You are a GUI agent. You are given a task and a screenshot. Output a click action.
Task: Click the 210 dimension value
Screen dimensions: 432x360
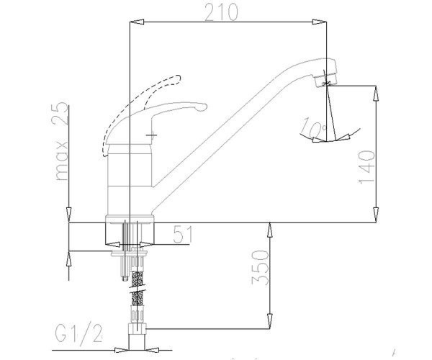[221, 13]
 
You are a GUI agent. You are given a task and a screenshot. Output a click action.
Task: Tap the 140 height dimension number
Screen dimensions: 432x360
[367, 167]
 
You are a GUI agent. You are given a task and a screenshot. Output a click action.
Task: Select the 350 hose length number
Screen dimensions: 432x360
[260, 267]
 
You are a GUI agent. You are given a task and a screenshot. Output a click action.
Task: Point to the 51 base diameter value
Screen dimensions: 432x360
[183, 235]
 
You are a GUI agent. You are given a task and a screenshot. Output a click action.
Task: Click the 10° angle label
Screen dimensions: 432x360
[313, 127]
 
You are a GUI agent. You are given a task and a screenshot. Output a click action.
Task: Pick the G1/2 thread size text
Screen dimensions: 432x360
[78, 333]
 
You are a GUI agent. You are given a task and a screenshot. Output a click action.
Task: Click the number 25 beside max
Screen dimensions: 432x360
[60, 114]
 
